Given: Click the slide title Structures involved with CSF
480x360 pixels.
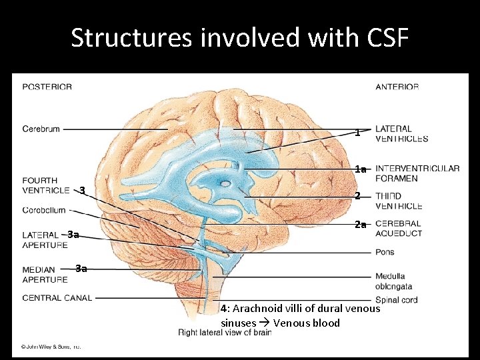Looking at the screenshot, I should coord(239,38).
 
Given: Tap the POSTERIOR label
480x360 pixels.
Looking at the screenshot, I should coord(47,87).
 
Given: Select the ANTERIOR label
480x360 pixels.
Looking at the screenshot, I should coord(397,87).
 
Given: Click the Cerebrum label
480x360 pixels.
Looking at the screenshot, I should coord(41,129).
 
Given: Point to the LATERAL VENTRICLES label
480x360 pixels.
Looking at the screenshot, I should coord(401,133).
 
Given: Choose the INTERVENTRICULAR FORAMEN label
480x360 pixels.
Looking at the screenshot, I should coord(417,173).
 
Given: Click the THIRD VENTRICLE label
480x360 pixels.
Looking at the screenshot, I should coord(398,201).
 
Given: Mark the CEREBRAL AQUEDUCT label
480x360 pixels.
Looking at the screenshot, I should coord(398,229).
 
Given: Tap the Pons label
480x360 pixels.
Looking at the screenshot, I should coord(385,252).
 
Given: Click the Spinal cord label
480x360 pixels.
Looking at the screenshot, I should coord(396,300).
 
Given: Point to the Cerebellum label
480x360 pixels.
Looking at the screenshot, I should coord(45,210).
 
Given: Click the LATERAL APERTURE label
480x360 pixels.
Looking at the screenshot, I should coord(45,240).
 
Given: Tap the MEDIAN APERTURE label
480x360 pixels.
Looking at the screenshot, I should coord(45,275).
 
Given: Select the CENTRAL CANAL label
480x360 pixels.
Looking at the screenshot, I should coord(57,297).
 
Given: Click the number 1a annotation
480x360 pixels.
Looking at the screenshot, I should coord(360,169).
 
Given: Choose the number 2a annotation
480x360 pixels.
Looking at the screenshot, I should coord(360,225).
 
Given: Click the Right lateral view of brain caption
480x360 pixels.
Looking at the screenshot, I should coord(224,332).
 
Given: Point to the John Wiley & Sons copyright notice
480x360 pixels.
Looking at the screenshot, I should coord(50,346).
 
